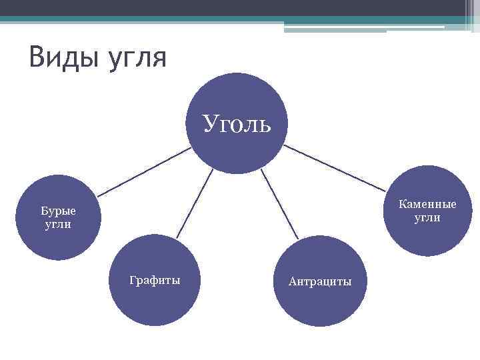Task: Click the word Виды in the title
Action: [65, 57]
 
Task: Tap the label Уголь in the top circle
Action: [237, 123]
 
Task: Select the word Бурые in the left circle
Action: [58, 211]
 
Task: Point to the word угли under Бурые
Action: [58, 224]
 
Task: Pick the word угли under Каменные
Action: [427, 217]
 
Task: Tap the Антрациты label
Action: [320, 281]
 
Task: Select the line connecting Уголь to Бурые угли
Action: [143, 171]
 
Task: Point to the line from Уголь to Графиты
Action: [195, 203]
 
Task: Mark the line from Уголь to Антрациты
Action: [279, 203]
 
